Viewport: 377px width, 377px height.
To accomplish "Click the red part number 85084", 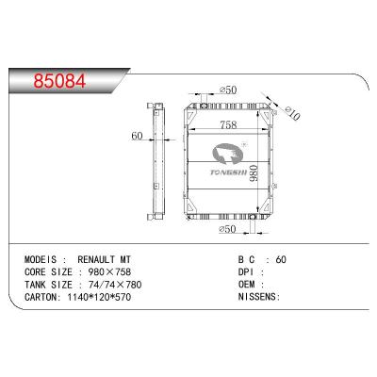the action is pos(59,81).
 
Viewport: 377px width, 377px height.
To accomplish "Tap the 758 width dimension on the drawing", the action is pos(228,125).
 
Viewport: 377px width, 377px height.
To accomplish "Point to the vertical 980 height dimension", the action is pos(254,174).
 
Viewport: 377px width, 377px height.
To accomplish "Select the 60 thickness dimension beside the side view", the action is pos(137,136).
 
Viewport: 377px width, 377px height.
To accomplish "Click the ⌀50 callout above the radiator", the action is pos(228,90).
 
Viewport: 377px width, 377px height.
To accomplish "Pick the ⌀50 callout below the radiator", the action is pos(227,229).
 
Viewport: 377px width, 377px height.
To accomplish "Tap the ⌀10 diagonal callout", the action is pos(293,113).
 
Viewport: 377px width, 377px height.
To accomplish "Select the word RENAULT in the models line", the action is pos(96,259).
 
